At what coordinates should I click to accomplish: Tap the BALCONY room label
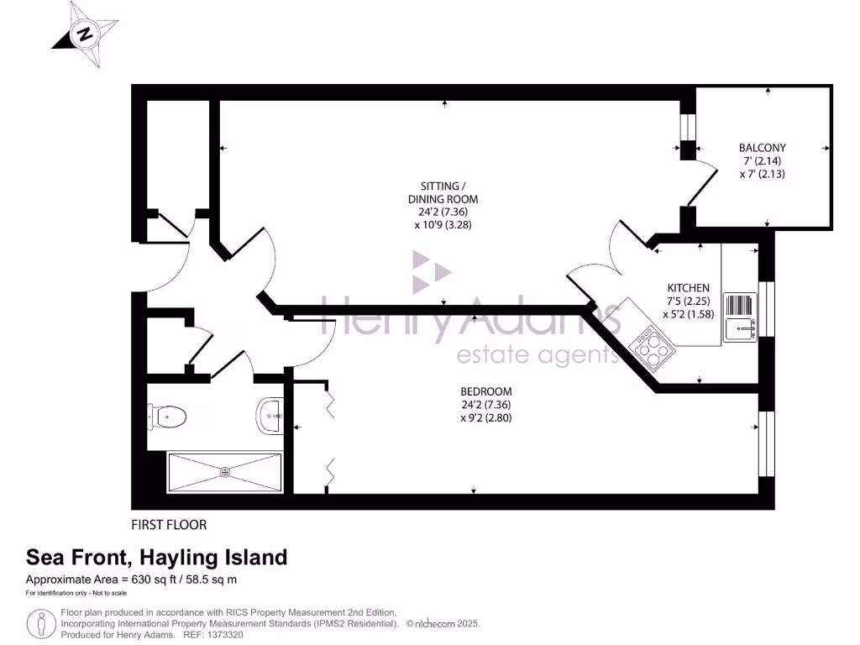point(762,148)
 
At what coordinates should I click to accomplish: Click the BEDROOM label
point(485,391)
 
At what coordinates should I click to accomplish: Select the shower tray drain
point(224,472)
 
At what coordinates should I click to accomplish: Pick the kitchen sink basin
point(740,327)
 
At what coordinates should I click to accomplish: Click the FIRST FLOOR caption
point(169,525)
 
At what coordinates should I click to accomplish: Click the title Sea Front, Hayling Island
point(156,557)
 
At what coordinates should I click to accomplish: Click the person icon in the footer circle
point(41,624)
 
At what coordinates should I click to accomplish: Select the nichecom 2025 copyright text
point(443,624)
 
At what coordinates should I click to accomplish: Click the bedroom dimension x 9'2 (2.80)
point(485,417)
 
